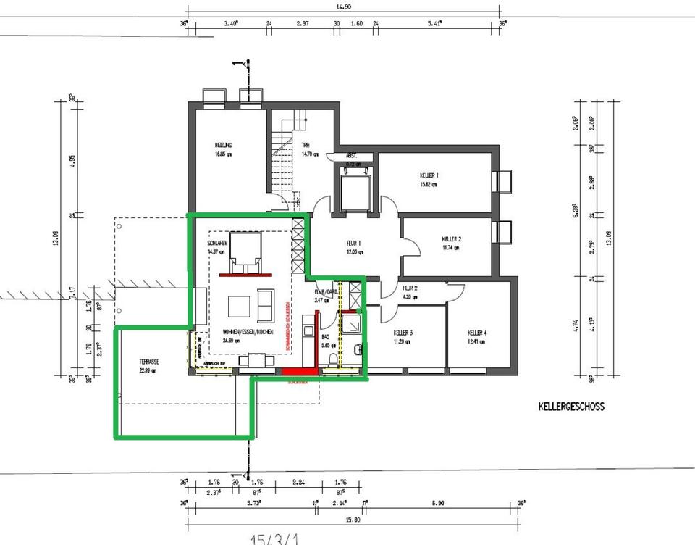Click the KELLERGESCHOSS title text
click(570, 407)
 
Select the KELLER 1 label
click(429, 175)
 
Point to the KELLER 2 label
click(451, 238)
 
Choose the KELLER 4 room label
click(476, 333)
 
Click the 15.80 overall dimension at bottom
click(353, 519)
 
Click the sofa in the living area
click(266, 305)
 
